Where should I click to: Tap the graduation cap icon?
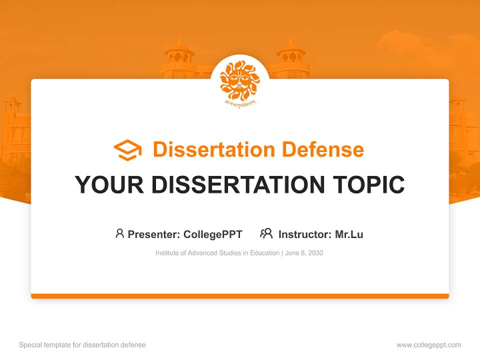(x=127, y=150)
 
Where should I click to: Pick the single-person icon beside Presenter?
(x=119, y=233)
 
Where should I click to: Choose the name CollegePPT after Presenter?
(x=213, y=234)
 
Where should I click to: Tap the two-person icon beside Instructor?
(x=266, y=233)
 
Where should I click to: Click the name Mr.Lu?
(x=349, y=234)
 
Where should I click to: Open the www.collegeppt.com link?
(x=429, y=345)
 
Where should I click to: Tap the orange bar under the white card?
(x=240, y=296)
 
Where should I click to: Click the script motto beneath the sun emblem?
(x=240, y=104)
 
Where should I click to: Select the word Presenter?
(x=154, y=234)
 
